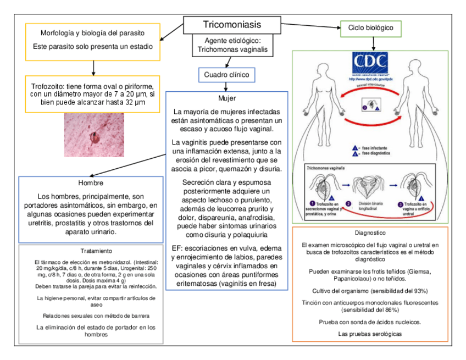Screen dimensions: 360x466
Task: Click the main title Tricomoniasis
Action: point(232,25)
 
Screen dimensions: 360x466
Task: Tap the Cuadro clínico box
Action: point(226,74)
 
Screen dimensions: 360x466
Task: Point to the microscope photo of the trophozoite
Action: point(94,135)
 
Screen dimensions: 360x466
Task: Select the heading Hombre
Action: point(91,183)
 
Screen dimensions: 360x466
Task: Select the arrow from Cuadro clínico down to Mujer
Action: point(226,86)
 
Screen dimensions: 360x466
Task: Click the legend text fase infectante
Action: point(379,148)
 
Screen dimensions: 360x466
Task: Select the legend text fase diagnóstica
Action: point(380,154)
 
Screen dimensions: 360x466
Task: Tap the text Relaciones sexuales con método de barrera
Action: point(96,315)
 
